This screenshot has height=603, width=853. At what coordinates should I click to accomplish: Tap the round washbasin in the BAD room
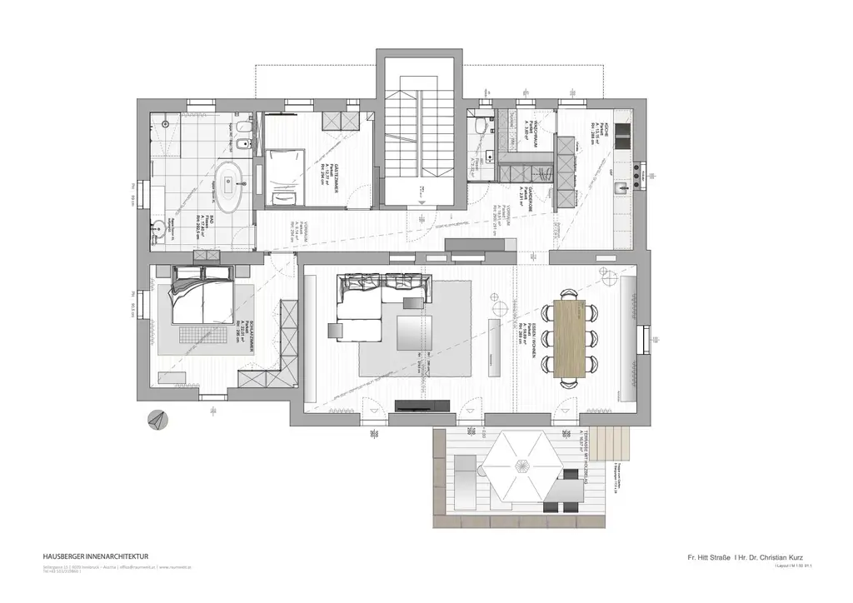pyautogui.click(x=158, y=225)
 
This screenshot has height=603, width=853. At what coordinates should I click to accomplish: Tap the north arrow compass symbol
pyautogui.click(x=156, y=421)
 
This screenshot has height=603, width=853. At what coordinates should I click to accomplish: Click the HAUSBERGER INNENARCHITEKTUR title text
pyautogui.click(x=96, y=556)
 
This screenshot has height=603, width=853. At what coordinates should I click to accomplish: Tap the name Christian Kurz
pyautogui.click(x=774, y=556)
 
